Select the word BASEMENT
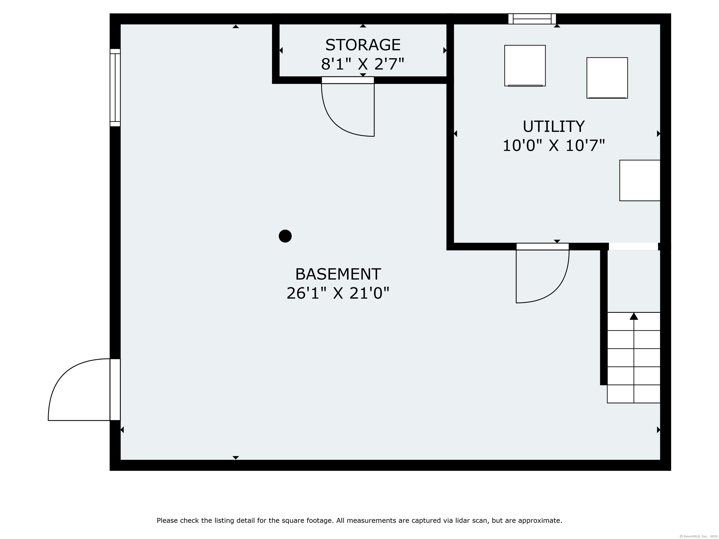[x=338, y=275]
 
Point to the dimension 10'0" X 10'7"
[x=554, y=146]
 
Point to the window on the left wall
[x=115, y=88]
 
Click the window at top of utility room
[x=532, y=19]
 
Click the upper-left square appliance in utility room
[x=525, y=66]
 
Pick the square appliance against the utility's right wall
[x=639, y=180]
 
